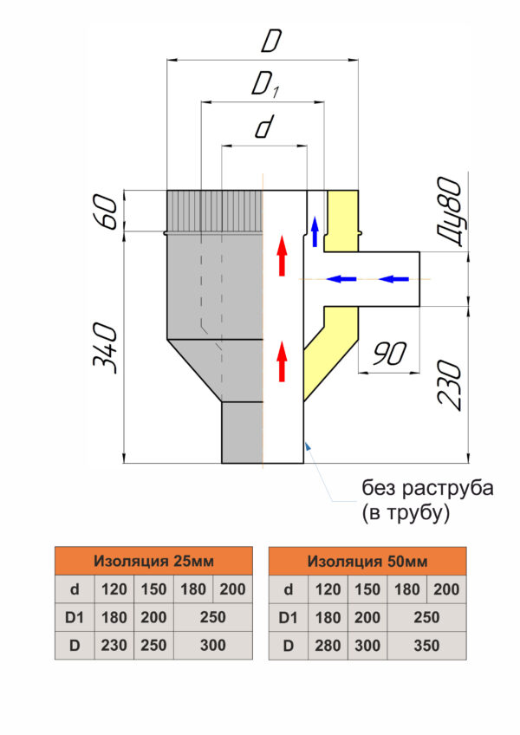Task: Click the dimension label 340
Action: click(x=105, y=348)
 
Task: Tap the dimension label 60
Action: click(x=105, y=211)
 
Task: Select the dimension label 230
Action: click(x=450, y=386)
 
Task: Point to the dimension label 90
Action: click(x=390, y=354)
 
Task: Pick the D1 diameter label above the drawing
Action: click(x=266, y=85)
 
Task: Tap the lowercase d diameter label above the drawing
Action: click(x=264, y=127)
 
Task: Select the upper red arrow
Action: click(x=282, y=256)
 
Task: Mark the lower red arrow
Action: click(x=282, y=361)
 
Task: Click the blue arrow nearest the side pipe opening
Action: click(x=393, y=279)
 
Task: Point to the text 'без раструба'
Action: click(x=427, y=488)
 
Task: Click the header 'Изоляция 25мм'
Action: click(x=153, y=561)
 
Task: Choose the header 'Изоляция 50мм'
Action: click(x=367, y=561)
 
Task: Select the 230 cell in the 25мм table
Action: click(x=114, y=646)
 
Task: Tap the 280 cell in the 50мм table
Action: click(x=328, y=646)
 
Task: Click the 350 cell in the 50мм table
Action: click(x=426, y=646)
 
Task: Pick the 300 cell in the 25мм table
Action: click(x=213, y=646)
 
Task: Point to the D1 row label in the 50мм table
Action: click(x=288, y=617)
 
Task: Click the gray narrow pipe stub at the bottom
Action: click(x=242, y=433)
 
